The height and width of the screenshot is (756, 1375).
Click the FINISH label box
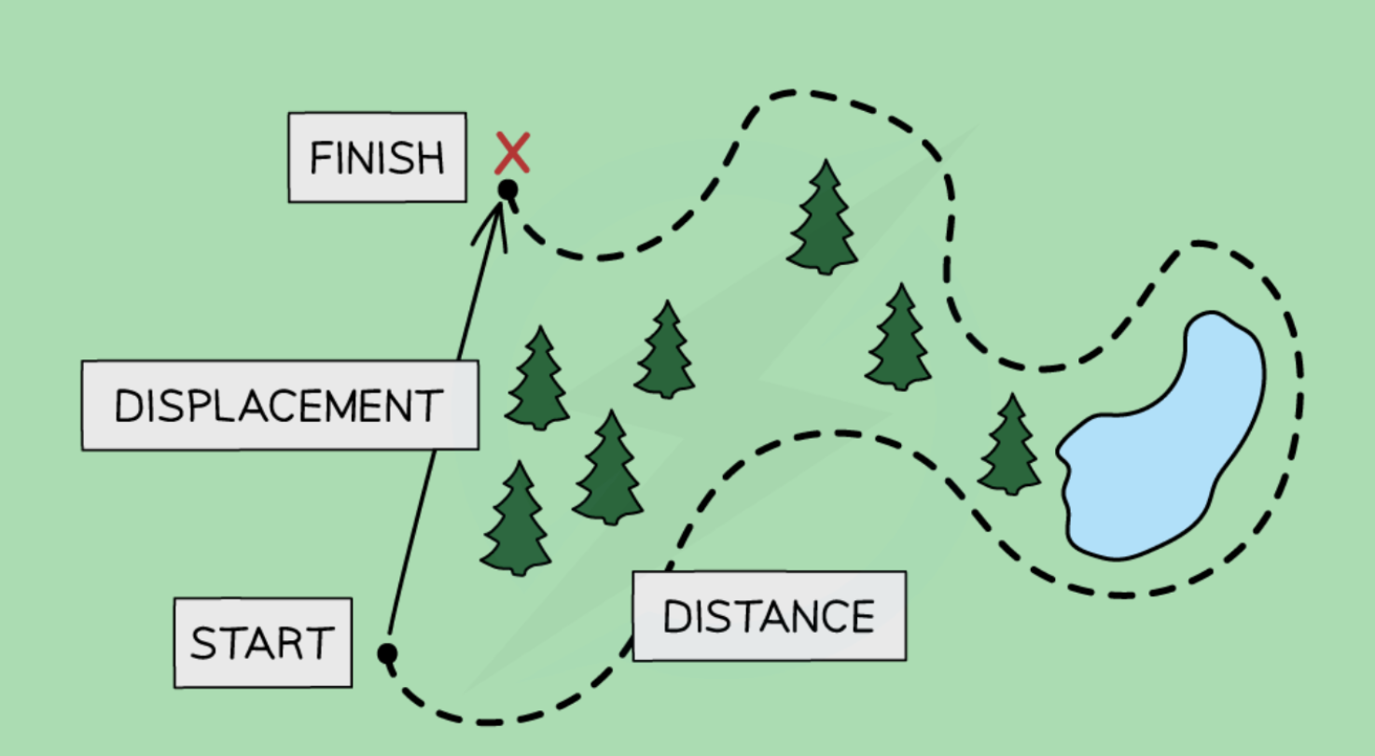[x=377, y=157]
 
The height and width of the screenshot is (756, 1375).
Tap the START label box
[x=262, y=643]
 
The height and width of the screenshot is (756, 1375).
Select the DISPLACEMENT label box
[x=280, y=405]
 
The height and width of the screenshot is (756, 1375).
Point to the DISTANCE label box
[x=769, y=616]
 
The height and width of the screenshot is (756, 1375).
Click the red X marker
[x=512, y=153]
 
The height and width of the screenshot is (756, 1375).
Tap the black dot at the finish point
[x=507, y=189]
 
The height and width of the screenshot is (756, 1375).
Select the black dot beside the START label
[x=387, y=653]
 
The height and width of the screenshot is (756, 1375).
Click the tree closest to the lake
[x=1009, y=446]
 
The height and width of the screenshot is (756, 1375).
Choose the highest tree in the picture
[x=823, y=219]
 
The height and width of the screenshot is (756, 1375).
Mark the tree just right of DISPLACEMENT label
[x=537, y=380]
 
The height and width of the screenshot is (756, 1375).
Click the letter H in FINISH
[x=429, y=160]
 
